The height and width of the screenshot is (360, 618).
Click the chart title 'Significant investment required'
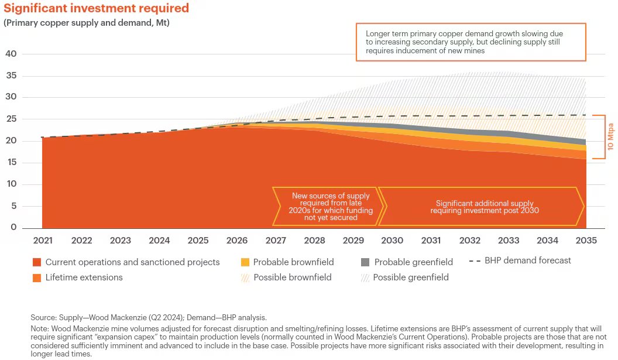pos(97,8)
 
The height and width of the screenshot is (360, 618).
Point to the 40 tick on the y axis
pos(11,54)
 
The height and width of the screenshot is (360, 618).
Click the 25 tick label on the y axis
pos(11,119)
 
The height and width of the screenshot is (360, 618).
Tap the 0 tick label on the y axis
pos(14,228)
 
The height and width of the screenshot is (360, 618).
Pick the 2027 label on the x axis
pos(276,241)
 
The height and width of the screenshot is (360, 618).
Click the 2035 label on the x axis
pos(586,241)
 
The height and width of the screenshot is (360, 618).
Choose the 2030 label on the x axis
pos(392,241)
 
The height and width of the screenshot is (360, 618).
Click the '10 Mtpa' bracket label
pos(610,137)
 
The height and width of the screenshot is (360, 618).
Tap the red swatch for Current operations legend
pos(37,262)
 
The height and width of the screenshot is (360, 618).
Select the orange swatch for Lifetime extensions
pos(37,277)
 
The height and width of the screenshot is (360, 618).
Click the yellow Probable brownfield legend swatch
pos(245,262)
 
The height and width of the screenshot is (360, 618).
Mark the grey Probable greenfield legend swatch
pos(365,262)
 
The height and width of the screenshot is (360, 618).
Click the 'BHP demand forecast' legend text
pos(527,260)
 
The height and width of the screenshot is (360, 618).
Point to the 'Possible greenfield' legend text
pos(410,277)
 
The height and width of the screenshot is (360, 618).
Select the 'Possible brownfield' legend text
pos(292,277)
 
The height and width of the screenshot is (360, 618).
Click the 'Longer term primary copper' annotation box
pos(471,42)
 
